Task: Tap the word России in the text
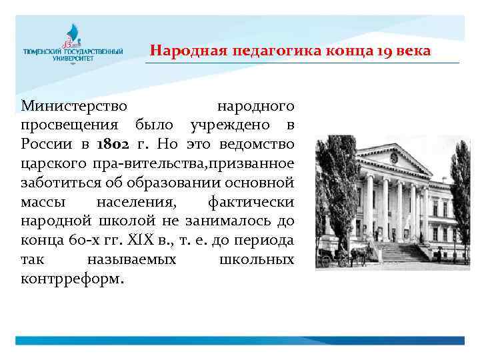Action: pos(45,143)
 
